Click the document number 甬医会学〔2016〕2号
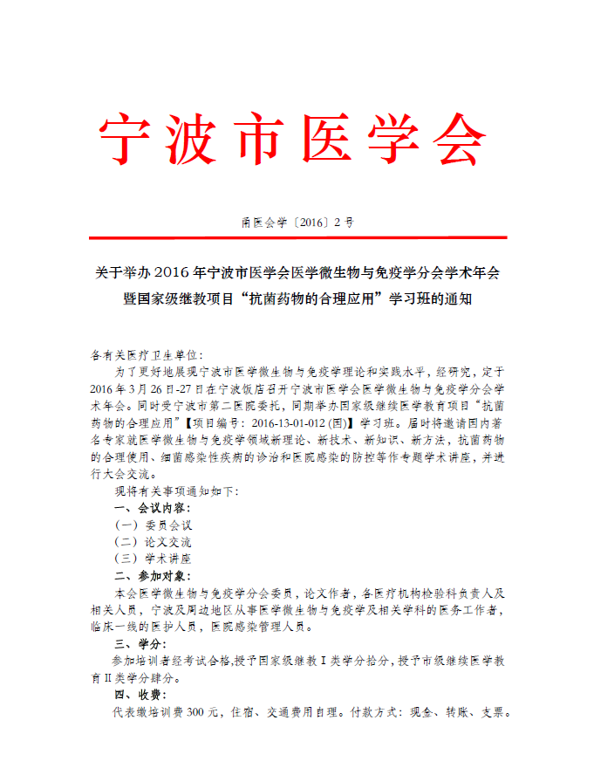point(297,223)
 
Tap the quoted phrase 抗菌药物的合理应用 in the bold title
point(311,298)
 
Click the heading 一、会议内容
point(153,507)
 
